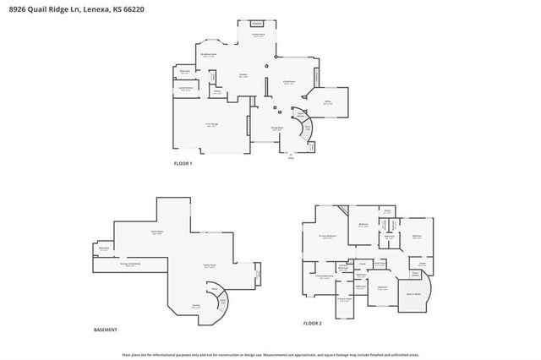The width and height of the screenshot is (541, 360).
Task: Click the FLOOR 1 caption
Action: point(183,163)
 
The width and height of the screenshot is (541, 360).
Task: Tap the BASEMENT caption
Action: point(105,329)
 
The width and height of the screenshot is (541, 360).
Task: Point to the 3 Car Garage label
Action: point(211,126)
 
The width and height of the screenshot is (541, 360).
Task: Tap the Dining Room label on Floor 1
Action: point(276,128)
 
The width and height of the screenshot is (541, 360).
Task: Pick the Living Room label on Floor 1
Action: point(288,82)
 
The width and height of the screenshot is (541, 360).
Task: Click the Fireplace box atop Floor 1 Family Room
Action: point(259,24)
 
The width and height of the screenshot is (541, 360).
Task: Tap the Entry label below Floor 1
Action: point(291,157)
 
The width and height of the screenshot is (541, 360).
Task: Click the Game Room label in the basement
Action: point(157,232)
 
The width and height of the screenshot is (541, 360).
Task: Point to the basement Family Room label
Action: point(197,265)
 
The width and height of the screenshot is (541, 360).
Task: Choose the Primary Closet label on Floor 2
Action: point(344,299)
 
